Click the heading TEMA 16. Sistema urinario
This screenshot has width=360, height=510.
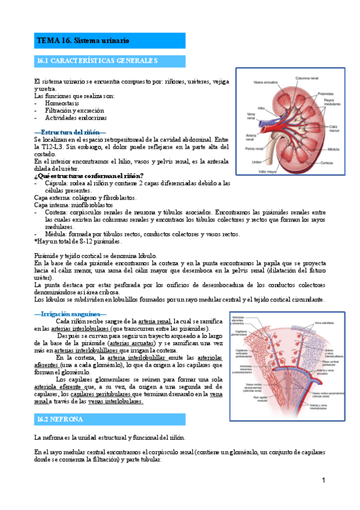tap(84, 40)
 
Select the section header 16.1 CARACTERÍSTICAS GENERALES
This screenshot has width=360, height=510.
tap(97, 61)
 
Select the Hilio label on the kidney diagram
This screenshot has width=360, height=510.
tap(245, 108)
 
